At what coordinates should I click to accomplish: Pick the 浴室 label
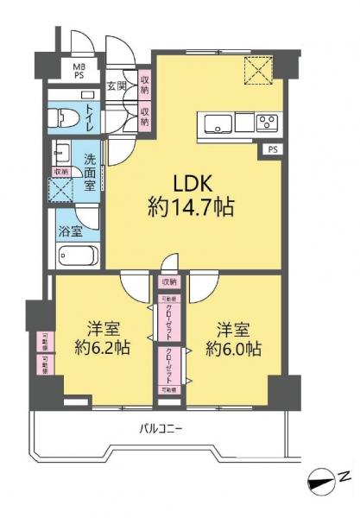point(71,231)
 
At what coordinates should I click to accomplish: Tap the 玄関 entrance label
point(117,85)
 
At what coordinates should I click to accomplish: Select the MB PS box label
point(79,70)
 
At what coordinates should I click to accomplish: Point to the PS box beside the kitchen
point(272,149)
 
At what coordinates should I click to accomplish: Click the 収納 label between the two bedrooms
point(169,281)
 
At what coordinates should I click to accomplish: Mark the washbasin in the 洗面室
point(63,153)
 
